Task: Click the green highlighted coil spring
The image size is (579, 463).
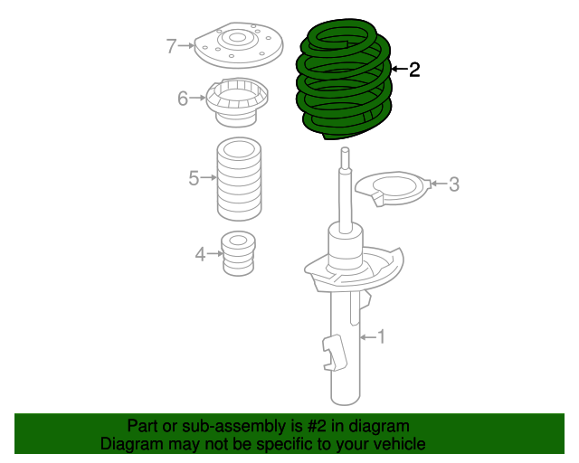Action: click(x=344, y=81)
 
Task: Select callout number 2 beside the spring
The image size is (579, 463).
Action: click(x=414, y=70)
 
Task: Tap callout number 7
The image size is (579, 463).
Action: click(x=171, y=45)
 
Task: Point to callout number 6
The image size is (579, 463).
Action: click(x=183, y=98)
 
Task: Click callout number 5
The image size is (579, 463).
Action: click(x=194, y=179)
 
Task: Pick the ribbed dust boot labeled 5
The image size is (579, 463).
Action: click(x=239, y=181)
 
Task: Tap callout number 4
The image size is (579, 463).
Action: click(x=200, y=255)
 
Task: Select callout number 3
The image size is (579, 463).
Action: click(x=454, y=184)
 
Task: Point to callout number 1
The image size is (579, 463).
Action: click(x=381, y=337)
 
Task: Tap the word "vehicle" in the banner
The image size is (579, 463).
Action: click(x=396, y=444)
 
